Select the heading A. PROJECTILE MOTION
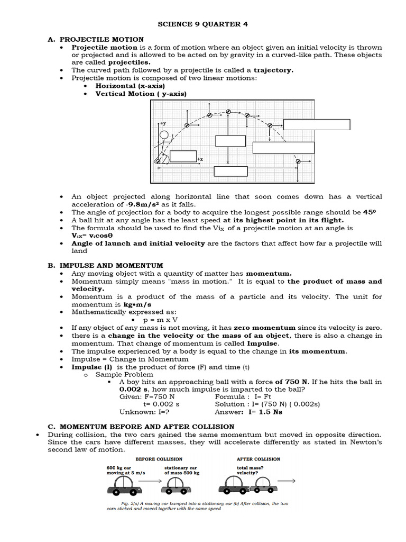click(x=101, y=39)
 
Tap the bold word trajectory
click(x=273, y=70)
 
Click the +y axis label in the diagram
click(x=163, y=123)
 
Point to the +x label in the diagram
click(x=200, y=159)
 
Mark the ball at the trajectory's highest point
click(x=228, y=112)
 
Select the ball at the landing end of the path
click(x=298, y=161)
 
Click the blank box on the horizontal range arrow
click(x=230, y=171)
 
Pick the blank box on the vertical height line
click(x=230, y=141)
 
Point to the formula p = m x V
click(x=160, y=320)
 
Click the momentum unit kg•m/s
click(x=137, y=305)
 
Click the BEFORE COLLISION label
click(x=159, y=459)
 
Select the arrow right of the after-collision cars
click(x=287, y=481)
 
